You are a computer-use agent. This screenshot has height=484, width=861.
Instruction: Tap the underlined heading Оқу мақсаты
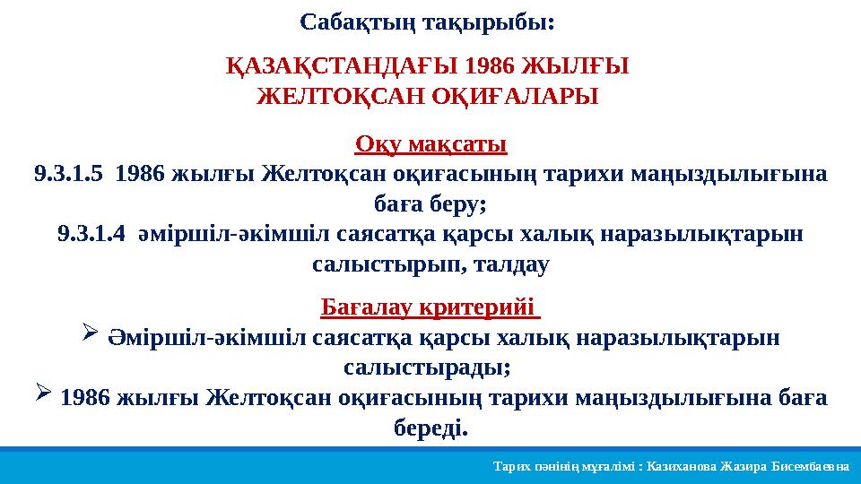pyautogui.click(x=431, y=143)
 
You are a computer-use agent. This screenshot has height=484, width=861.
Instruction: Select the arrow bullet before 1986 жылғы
pyautogui.click(x=46, y=393)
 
